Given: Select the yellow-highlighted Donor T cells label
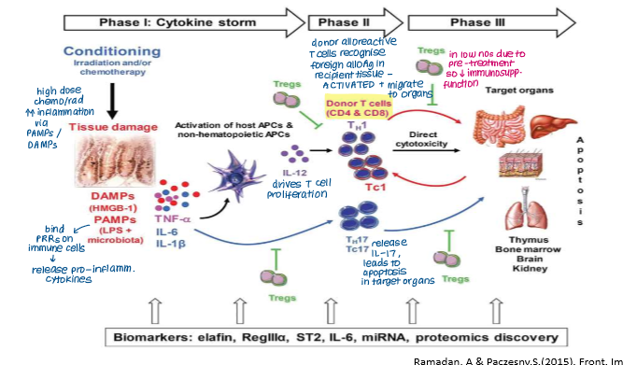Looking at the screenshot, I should pyautogui.click(x=360, y=105).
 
